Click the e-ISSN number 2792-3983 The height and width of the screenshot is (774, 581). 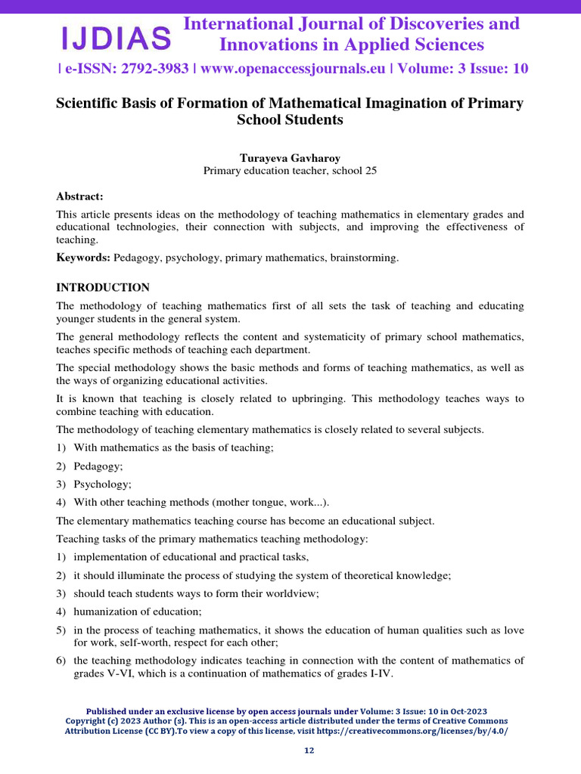point(148,69)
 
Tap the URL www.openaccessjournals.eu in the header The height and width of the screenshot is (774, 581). point(291,69)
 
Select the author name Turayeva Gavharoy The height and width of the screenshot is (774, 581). point(290,157)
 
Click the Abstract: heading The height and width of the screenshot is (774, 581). point(79,196)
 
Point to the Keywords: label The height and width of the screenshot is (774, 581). point(83,258)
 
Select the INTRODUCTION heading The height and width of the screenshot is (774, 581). point(103,288)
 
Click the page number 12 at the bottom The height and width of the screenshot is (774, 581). point(309,751)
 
